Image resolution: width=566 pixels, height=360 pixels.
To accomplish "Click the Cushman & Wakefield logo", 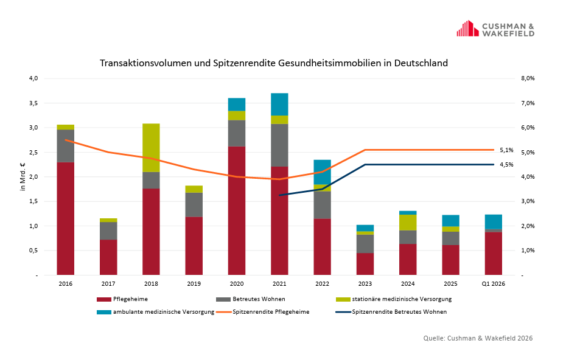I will pyautogui.click(x=495, y=29).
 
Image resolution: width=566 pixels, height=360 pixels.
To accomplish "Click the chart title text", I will pyautogui.click(x=274, y=63).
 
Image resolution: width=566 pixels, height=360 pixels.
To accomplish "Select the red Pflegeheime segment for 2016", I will pyautogui.click(x=65, y=218).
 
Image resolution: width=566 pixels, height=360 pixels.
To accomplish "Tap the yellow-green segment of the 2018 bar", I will pyautogui.click(x=151, y=148).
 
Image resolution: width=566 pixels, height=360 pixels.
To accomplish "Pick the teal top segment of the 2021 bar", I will pyautogui.click(x=279, y=104).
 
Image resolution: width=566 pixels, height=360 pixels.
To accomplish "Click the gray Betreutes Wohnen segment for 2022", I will pyautogui.click(x=322, y=205).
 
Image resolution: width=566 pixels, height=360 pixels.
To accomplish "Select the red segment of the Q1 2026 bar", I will pyautogui.click(x=493, y=253).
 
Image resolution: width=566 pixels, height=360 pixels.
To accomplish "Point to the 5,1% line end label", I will pyautogui.click(x=506, y=150).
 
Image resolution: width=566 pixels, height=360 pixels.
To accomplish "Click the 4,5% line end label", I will pyautogui.click(x=506, y=165).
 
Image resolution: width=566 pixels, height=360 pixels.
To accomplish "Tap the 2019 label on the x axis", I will pyautogui.click(x=194, y=284).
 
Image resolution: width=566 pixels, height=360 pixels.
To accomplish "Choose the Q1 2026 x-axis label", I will pyautogui.click(x=493, y=284).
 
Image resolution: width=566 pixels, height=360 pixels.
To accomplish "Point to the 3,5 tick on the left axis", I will pyautogui.click(x=33, y=103).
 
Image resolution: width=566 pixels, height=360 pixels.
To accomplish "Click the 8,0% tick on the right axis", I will pyautogui.click(x=527, y=78).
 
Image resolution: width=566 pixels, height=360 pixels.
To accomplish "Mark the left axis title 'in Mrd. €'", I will pyautogui.click(x=23, y=177).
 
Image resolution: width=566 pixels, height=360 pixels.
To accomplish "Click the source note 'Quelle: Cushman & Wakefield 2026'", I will pyautogui.click(x=478, y=338).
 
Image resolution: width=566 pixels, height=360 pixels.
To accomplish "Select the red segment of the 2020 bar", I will pyautogui.click(x=237, y=210).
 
